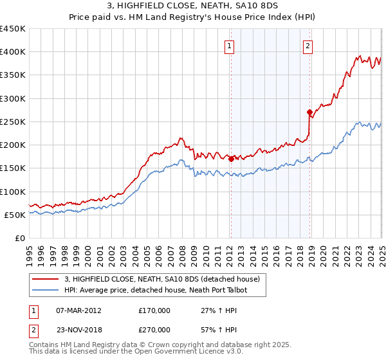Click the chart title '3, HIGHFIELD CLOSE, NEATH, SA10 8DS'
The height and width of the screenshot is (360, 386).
click(x=193, y=6)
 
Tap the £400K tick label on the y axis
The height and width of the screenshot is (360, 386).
click(x=12, y=52)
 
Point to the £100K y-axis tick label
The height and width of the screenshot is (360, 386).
click(x=12, y=192)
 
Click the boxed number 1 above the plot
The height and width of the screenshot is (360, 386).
click(x=230, y=46)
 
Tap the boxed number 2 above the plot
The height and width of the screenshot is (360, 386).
click(x=308, y=46)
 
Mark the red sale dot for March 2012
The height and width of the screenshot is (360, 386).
click(x=231, y=159)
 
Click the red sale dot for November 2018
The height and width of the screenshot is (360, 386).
click(x=310, y=112)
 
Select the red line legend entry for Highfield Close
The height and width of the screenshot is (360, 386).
click(x=161, y=279)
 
